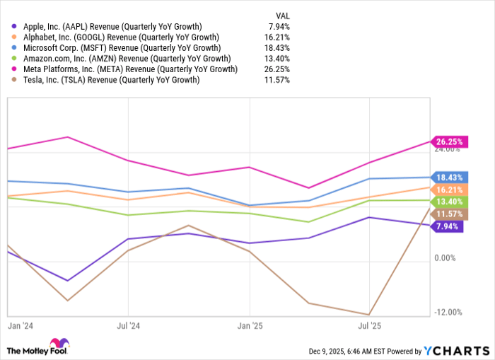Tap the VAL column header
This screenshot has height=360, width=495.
(x=281, y=13)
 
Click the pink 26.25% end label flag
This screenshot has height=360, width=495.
(x=448, y=141)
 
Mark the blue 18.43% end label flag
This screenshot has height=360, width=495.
(x=448, y=178)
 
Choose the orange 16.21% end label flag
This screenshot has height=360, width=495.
(x=448, y=190)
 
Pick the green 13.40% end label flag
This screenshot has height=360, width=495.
(x=448, y=202)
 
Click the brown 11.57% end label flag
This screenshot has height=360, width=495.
(x=448, y=214)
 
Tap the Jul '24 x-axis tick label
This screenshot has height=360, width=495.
(x=127, y=326)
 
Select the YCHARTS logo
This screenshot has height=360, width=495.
(x=455, y=350)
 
